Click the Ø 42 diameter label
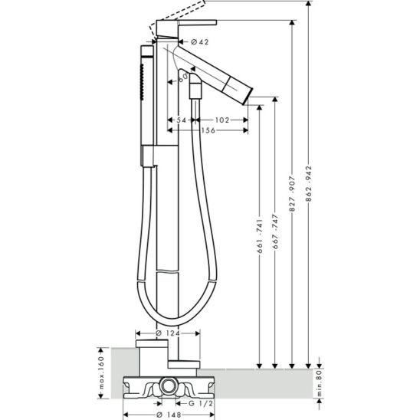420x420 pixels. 200,42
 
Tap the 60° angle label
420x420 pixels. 183,77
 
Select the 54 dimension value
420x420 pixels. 181,120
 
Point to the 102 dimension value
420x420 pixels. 222,120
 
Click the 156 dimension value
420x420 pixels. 208,130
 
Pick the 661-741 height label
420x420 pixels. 259,236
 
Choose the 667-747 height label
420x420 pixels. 275,231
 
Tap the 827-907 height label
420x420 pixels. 292,194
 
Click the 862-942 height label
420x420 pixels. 309,184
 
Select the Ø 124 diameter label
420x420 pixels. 168,333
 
